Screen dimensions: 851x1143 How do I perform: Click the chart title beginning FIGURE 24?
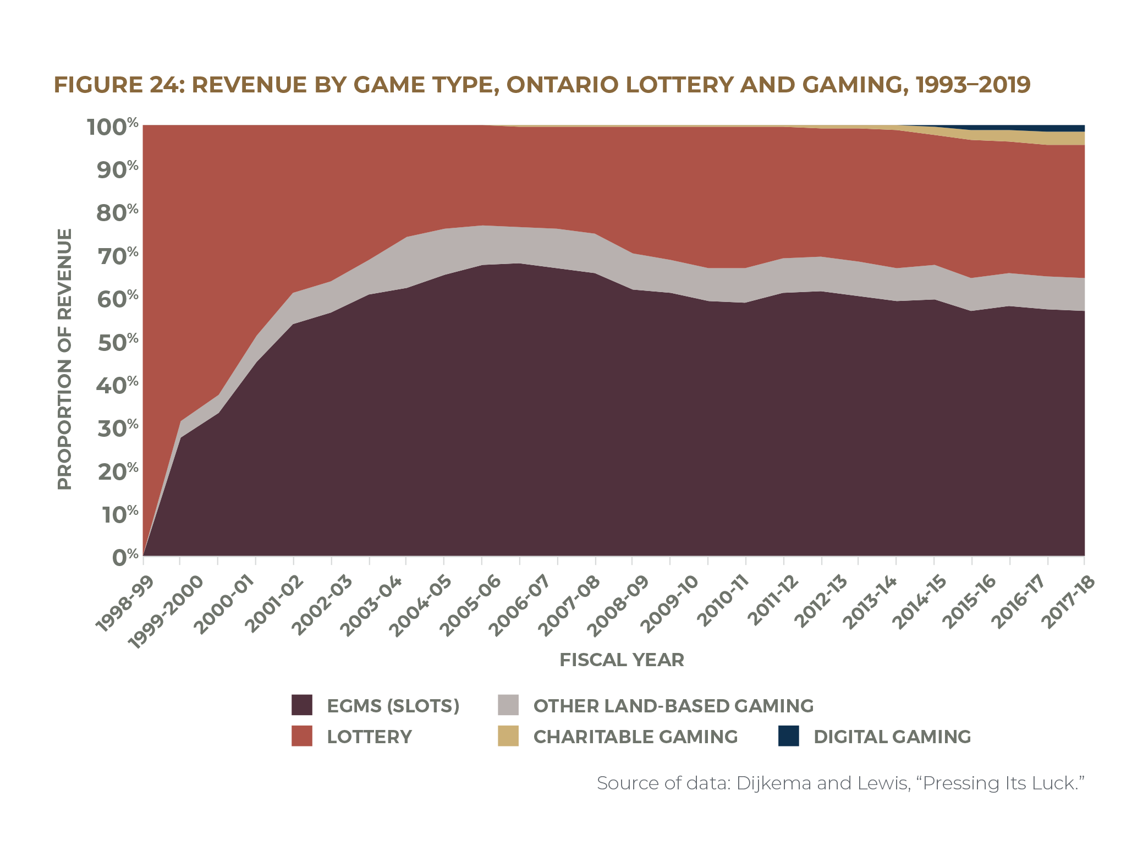[542, 85]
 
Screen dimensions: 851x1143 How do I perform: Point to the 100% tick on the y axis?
[113, 127]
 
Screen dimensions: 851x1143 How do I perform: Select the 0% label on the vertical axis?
[125, 557]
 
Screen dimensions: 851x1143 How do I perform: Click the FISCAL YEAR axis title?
[622, 660]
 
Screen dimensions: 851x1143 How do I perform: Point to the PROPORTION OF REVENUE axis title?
[64, 359]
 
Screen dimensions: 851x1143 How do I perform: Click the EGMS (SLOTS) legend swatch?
[301, 705]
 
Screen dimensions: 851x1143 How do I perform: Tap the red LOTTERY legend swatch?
[301, 735]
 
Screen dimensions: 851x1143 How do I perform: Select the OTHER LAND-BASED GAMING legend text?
[673, 706]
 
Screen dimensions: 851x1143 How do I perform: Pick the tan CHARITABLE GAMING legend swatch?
[508, 735]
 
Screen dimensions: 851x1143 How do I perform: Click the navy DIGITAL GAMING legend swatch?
[788, 735]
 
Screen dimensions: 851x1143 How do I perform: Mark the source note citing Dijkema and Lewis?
[840, 782]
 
